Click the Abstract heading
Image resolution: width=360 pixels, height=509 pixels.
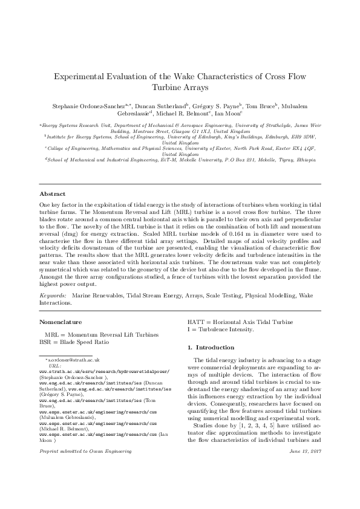click(52, 194)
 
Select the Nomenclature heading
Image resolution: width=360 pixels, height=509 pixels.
click(61, 322)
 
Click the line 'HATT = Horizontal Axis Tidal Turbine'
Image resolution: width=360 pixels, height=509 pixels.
click(232, 322)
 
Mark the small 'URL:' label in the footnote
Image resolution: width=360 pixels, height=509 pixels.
click(53, 366)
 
